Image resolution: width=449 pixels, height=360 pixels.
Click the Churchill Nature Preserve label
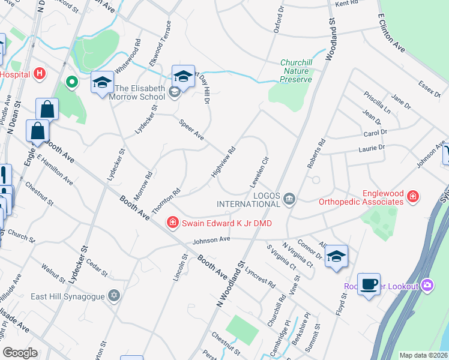pos(297,71)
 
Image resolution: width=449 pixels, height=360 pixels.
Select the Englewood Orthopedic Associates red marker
pos(413,197)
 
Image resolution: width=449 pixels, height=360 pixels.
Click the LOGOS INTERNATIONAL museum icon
pos(289,199)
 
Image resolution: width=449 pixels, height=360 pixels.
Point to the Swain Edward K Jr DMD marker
pos(173,223)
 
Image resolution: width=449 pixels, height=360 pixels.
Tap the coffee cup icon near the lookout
pos(369,283)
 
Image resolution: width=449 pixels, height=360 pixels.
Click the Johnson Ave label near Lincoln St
pos(211,239)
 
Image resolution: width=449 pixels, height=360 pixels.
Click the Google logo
pos(20,353)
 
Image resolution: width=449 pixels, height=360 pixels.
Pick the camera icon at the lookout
pos(427,284)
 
